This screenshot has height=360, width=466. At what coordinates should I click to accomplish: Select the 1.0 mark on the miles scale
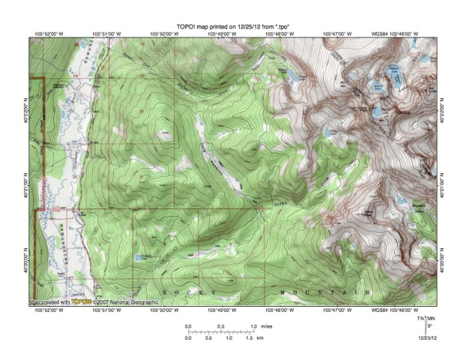pyautogui.click(x=254, y=326)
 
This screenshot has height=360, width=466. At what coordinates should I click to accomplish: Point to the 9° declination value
pyautogui.click(x=429, y=326)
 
